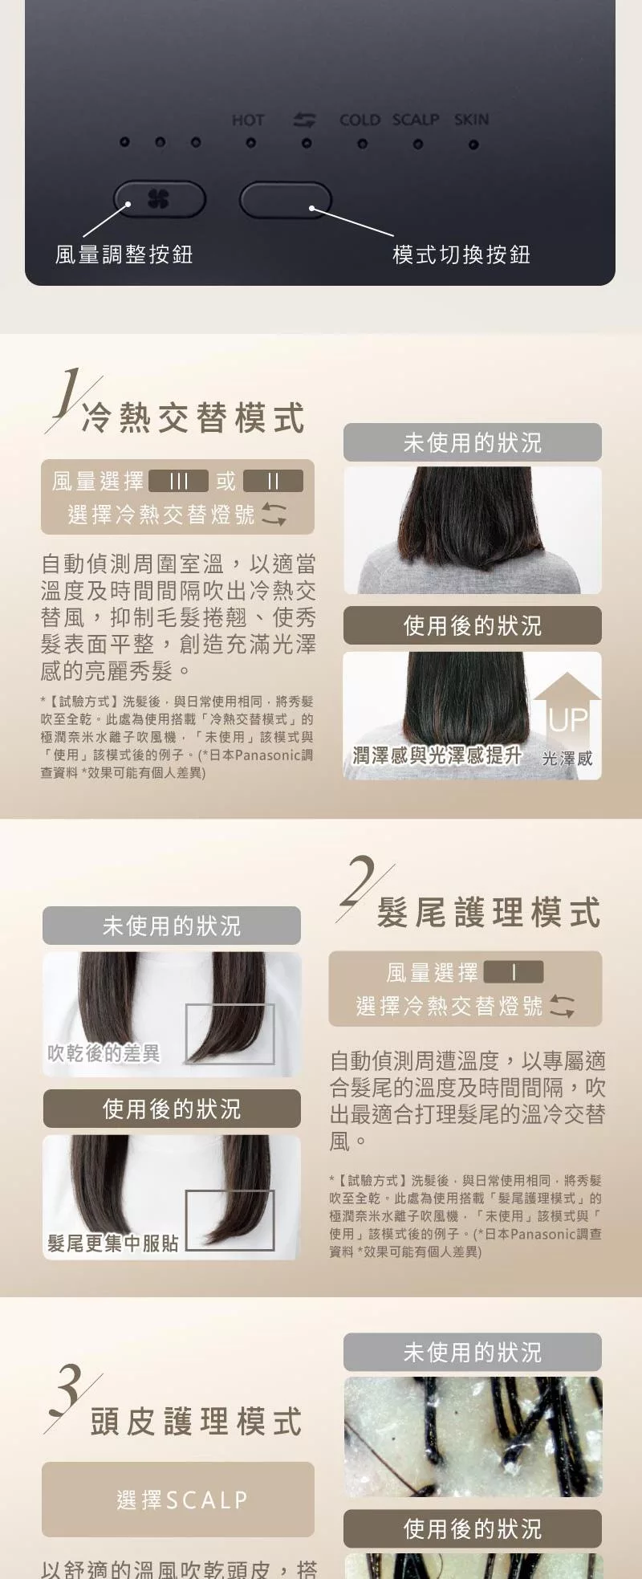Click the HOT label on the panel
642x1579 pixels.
click(x=248, y=120)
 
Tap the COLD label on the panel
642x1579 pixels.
click(x=360, y=120)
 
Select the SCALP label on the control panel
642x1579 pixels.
click(x=416, y=120)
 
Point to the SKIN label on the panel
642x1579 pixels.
click(x=471, y=120)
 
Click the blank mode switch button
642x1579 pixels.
click(x=286, y=200)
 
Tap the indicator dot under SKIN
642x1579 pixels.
click(x=473, y=145)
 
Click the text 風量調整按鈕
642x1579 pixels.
click(x=124, y=254)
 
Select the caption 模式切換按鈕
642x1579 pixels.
click(x=461, y=254)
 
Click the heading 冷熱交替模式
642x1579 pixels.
click(x=194, y=418)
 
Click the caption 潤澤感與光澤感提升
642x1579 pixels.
click(x=437, y=755)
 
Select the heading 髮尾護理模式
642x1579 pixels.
click(x=489, y=913)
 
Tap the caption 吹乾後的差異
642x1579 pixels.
click(x=104, y=1053)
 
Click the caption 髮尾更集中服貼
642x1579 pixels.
click(x=113, y=1243)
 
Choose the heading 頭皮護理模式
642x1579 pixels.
click(x=197, y=1422)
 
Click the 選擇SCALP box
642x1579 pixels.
click(x=178, y=1500)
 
